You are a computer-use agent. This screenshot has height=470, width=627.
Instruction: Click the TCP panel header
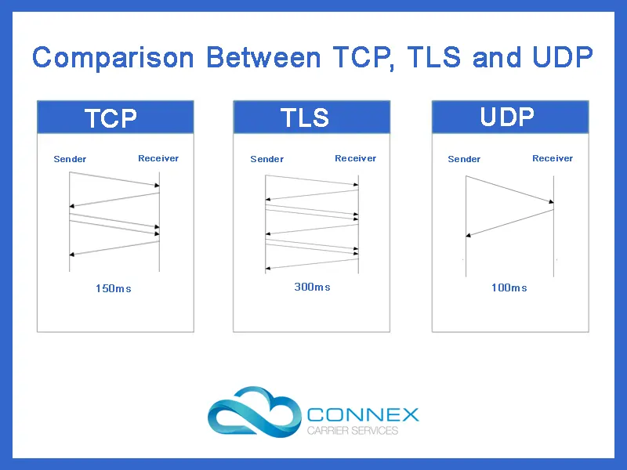(115, 117)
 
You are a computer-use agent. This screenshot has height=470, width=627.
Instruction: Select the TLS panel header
(311, 117)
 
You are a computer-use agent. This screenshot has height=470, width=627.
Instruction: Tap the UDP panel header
(510, 117)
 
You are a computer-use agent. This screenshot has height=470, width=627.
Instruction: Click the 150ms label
(114, 288)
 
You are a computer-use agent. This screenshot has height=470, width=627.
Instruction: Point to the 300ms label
(312, 287)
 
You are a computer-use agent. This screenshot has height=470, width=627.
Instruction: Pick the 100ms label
(509, 287)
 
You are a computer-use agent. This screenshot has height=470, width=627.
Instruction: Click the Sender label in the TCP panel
(70, 159)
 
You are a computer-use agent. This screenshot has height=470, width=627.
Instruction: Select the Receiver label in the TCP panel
(158, 158)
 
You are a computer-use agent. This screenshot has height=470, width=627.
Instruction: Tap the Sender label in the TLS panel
(266, 159)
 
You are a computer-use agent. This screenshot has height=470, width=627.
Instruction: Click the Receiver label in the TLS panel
(355, 158)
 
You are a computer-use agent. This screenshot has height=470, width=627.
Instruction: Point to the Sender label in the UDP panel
(464, 159)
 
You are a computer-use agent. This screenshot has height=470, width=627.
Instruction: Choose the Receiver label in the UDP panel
(553, 158)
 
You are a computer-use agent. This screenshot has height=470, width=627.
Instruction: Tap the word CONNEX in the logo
(363, 414)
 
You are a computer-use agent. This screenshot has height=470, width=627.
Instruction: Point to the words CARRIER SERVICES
(352, 431)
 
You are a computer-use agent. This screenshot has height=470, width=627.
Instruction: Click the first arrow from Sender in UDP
(509, 191)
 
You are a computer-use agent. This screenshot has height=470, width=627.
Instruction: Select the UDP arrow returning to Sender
(509, 222)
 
